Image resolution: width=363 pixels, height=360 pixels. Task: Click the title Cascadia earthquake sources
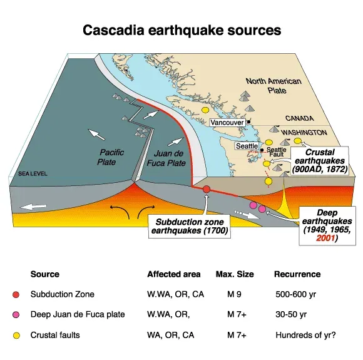181,29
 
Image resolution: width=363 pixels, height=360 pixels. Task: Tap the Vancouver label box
227,123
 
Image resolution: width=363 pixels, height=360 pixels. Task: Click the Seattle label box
245,146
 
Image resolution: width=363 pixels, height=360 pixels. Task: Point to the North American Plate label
274,86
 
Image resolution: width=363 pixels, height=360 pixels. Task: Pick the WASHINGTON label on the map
304,133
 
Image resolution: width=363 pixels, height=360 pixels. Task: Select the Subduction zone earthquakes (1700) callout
190,227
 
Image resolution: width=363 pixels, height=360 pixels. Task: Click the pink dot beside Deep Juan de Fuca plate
16,314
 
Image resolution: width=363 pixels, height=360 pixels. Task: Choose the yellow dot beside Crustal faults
16,335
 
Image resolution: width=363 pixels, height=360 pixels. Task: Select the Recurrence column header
297,274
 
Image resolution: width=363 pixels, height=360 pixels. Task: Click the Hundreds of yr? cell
305,335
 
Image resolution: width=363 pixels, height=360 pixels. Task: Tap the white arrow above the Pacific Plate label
96,134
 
